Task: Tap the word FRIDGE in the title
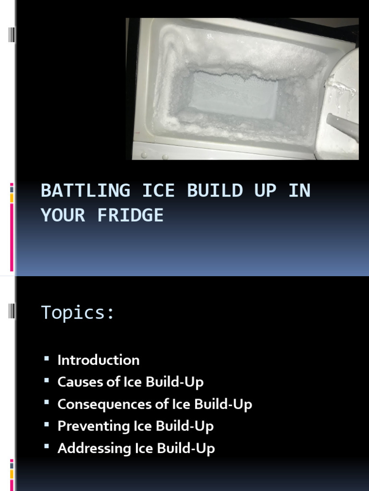pos(130,215)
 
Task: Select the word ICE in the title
pos(159,191)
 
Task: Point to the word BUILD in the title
pos(215,191)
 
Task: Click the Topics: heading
pos(78,313)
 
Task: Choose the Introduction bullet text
pos(98,360)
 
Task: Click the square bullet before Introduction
pos(47,358)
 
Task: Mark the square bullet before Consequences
pos(47,402)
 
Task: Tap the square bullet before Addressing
pos(47,447)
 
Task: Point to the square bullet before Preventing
pos(47,424)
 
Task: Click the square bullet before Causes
pos(47,380)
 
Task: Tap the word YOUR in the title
pos(63,215)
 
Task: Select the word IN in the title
pos(299,191)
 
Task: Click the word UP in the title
pos(266,191)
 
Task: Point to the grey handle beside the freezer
pos(342,126)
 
